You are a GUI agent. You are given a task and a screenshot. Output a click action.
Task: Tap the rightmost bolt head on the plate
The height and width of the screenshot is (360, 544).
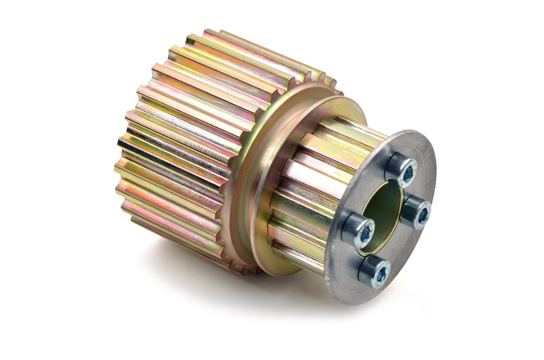(x=416, y=212)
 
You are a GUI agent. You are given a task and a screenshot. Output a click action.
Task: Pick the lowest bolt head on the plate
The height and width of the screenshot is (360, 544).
(x=375, y=271)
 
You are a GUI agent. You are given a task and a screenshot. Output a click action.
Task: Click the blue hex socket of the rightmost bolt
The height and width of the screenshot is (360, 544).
(x=423, y=215)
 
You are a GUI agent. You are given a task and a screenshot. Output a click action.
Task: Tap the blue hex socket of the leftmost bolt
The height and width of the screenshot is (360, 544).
(x=365, y=233)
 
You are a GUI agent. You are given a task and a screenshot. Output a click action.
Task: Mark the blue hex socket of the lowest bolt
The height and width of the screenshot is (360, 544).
(x=381, y=274)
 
